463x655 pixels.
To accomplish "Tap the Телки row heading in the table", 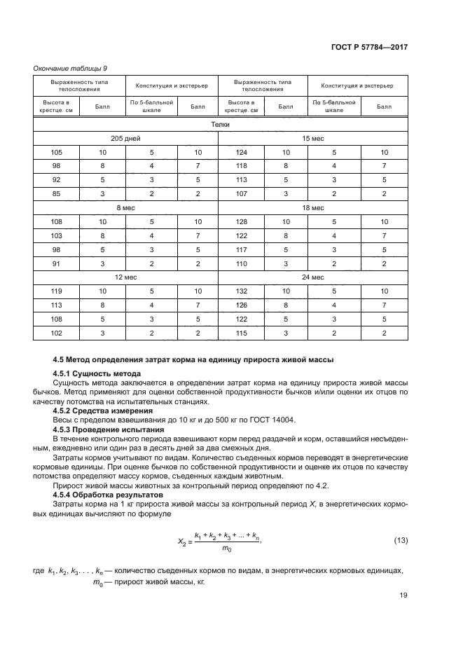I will (x=220, y=125).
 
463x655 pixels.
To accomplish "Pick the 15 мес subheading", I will (x=312, y=139).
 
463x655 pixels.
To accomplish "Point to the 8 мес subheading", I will (x=126, y=208).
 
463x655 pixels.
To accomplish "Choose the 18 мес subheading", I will (x=312, y=208).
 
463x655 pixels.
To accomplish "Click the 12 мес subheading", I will (x=126, y=277).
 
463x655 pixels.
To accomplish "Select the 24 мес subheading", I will (x=312, y=277).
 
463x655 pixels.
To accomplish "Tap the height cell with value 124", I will (x=242, y=152).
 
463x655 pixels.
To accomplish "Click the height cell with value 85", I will (x=57, y=193).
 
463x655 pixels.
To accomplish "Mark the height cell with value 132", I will (x=242, y=291).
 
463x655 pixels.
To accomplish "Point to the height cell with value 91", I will (x=57, y=263).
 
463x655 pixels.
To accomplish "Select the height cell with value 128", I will (x=242, y=221).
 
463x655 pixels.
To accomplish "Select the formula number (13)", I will (x=401, y=540).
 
